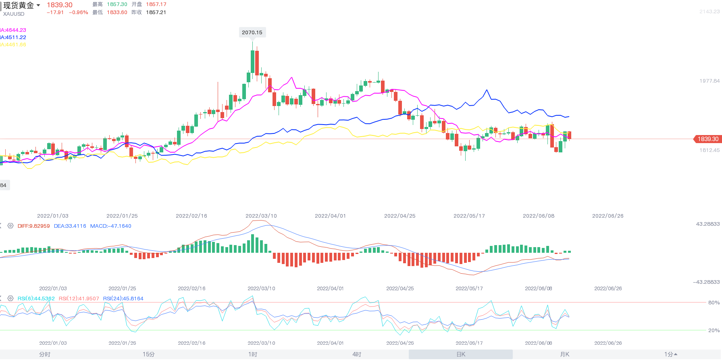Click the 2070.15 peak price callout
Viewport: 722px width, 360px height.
(x=252, y=33)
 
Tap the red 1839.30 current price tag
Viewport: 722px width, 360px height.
(x=707, y=139)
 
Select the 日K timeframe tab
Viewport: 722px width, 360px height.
(x=461, y=354)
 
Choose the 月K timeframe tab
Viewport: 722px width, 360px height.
(x=565, y=354)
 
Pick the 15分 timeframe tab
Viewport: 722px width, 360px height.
(x=148, y=354)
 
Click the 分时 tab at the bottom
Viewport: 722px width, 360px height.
(x=45, y=354)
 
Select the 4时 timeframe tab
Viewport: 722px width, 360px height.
(x=357, y=354)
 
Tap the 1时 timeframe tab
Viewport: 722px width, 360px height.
(x=253, y=354)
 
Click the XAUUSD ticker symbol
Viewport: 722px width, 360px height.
(x=14, y=14)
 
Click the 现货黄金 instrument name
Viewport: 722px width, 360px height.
(x=19, y=5)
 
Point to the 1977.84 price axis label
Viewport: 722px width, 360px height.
(x=709, y=81)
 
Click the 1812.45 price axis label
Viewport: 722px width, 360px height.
(x=709, y=150)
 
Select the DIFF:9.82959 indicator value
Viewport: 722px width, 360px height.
(x=33, y=226)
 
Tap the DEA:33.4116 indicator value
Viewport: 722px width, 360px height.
(x=70, y=226)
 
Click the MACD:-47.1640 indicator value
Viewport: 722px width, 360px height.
(x=110, y=226)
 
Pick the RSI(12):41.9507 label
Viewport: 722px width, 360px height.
(x=79, y=299)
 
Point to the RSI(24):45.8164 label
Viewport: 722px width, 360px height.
(x=123, y=299)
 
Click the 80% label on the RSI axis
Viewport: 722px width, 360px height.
(x=714, y=303)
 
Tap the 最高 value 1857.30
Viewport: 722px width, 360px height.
(x=117, y=4)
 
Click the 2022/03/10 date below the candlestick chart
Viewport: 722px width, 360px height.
(x=261, y=216)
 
